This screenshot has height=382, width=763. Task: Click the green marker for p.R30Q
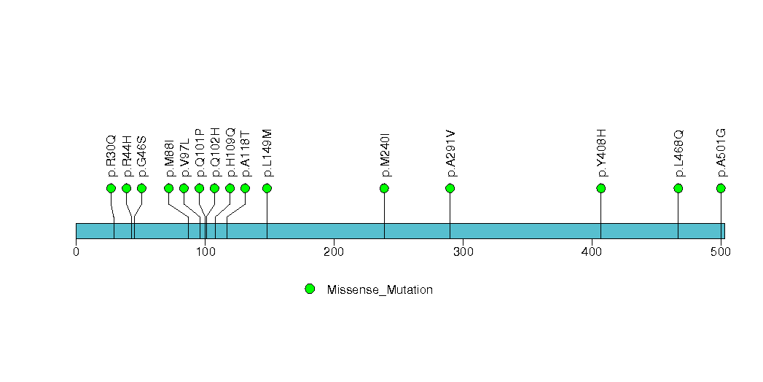click(x=111, y=188)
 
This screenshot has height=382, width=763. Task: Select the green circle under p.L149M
click(x=267, y=188)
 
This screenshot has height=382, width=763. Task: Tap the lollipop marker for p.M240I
click(x=384, y=188)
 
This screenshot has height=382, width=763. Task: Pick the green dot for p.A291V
click(x=450, y=188)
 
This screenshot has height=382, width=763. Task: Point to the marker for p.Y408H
click(x=600, y=188)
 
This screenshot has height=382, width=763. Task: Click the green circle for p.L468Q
click(x=678, y=188)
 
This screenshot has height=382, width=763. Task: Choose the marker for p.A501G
click(x=721, y=188)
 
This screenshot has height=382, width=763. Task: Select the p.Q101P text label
click(x=200, y=152)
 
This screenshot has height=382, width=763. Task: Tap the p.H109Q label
click(x=230, y=152)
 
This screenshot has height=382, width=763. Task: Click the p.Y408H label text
click(x=601, y=152)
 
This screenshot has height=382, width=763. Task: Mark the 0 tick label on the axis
click(x=76, y=252)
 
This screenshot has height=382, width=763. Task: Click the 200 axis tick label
click(x=334, y=252)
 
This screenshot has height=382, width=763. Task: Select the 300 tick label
click(x=463, y=252)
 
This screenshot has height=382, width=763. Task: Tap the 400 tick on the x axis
click(x=592, y=252)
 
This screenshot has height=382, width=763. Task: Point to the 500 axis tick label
click(x=721, y=252)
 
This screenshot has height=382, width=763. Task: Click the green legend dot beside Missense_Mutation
click(x=310, y=289)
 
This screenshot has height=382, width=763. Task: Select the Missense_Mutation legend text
click(x=380, y=290)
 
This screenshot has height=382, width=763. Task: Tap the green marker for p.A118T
click(x=245, y=188)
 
